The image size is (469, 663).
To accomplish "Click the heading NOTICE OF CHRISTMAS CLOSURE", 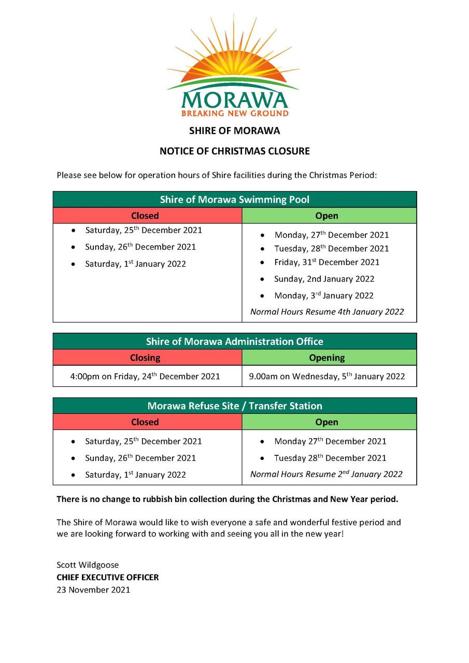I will click(234, 151).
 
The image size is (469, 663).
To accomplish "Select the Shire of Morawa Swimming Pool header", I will click(234, 199).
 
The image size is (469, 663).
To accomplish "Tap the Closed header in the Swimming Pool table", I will click(145, 215).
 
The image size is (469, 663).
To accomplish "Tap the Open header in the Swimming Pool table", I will click(326, 215).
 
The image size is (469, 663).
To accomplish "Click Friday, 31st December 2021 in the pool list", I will click(326, 262).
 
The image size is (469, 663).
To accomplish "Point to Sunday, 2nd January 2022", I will click(324, 279).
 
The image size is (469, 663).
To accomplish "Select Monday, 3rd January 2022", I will click(323, 296).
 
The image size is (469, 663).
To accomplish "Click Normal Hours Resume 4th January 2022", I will click(327, 312).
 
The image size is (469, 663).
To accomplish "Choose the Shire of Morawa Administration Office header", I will click(234, 341).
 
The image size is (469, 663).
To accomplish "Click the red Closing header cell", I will click(145, 357).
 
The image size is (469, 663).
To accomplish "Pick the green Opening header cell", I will click(326, 357).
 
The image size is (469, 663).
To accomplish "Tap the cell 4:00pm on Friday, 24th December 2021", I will click(145, 377).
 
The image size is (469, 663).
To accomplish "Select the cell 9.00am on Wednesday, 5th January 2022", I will click(327, 377).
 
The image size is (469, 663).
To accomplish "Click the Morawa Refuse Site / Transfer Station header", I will click(234, 406).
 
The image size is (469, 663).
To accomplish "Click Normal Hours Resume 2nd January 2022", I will click(326, 474).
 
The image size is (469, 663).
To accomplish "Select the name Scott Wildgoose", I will click(88, 565).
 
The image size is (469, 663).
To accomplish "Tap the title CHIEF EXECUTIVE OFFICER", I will click(108, 577).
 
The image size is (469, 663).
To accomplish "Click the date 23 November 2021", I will click(93, 589).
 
